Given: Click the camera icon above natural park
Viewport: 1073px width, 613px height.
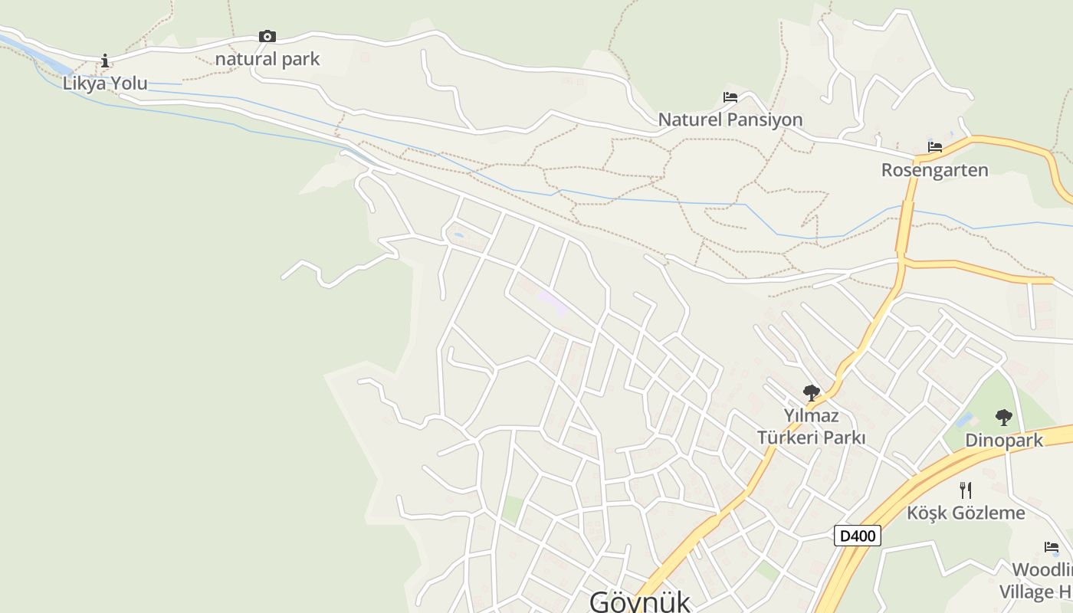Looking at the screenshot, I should pyautogui.click(x=267, y=36).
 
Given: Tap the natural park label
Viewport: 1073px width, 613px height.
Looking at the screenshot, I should pyautogui.click(x=267, y=59).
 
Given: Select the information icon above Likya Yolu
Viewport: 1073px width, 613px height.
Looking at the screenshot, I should pyautogui.click(x=105, y=61).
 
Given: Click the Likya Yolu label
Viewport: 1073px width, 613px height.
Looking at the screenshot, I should pyautogui.click(x=105, y=84).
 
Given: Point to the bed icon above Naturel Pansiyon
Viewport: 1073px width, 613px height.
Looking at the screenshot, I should pyautogui.click(x=730, y=97).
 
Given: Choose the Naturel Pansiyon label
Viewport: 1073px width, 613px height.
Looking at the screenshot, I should pyautogui.click(x=730, y=120).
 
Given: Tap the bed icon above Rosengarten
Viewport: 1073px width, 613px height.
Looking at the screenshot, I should pyautogui.click(x=934, y=147).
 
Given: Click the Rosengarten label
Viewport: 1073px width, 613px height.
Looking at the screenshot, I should pyautogui.click(x=934, y=170).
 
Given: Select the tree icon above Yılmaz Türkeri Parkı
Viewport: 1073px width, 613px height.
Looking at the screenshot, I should pyautogui.click(x=811, y=394).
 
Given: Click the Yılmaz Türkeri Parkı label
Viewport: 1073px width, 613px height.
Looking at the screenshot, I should pyautogui.click(x=811, y=427).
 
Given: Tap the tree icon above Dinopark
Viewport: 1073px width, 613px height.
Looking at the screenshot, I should pyautogui.click(x=1003, y=418).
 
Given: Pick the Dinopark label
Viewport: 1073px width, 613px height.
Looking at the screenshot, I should pyautogui.click(x=1003, y=441).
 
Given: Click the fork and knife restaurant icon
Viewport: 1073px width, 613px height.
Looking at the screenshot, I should pyautogui.click(x=966, y=490).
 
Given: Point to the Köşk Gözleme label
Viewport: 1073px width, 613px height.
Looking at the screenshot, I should pyautogui.click(x=966, y=513).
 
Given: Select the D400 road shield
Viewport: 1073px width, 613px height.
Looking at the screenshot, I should pyautogui.click(x=857, y=536).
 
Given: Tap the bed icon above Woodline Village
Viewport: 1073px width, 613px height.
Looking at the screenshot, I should pyautogui.click(x=1052, y=547).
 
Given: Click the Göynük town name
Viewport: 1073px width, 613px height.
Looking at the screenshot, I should pyautogui.click(x=639, y=601).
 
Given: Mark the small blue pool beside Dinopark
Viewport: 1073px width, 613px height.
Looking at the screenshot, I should pyautogui.click(x=963, y=420).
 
